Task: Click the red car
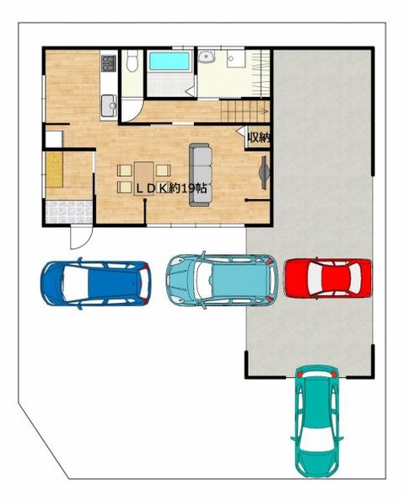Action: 328,278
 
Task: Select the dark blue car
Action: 96,283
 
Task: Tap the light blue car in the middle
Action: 221,279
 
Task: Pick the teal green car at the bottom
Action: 316,421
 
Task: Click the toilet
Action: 132,61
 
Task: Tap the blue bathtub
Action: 170,61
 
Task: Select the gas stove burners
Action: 109,63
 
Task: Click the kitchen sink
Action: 109,105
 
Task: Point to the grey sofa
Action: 201,175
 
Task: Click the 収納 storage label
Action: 258,138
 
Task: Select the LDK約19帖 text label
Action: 171,189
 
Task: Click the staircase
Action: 245,111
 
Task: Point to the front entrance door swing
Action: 81,238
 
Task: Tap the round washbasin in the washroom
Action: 206,57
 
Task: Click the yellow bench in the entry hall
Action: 54,170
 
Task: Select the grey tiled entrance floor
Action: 69,212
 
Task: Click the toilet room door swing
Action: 132,111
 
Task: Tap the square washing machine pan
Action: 236,58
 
